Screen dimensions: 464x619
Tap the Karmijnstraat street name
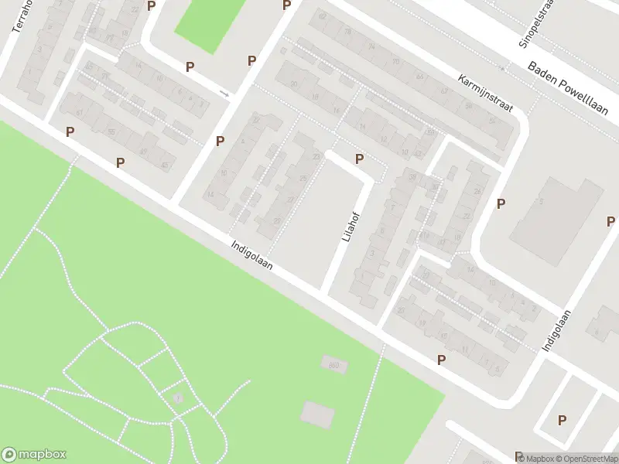point(485,91)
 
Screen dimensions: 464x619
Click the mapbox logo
point(34,455)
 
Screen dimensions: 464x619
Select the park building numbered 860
point(333,363)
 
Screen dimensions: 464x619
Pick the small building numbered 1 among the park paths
point(177,397)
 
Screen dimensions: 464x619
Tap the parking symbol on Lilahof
point(359,159)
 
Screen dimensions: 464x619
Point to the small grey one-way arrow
point(224,94)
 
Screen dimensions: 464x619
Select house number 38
point(412,176)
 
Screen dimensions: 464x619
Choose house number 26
point(477,191)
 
